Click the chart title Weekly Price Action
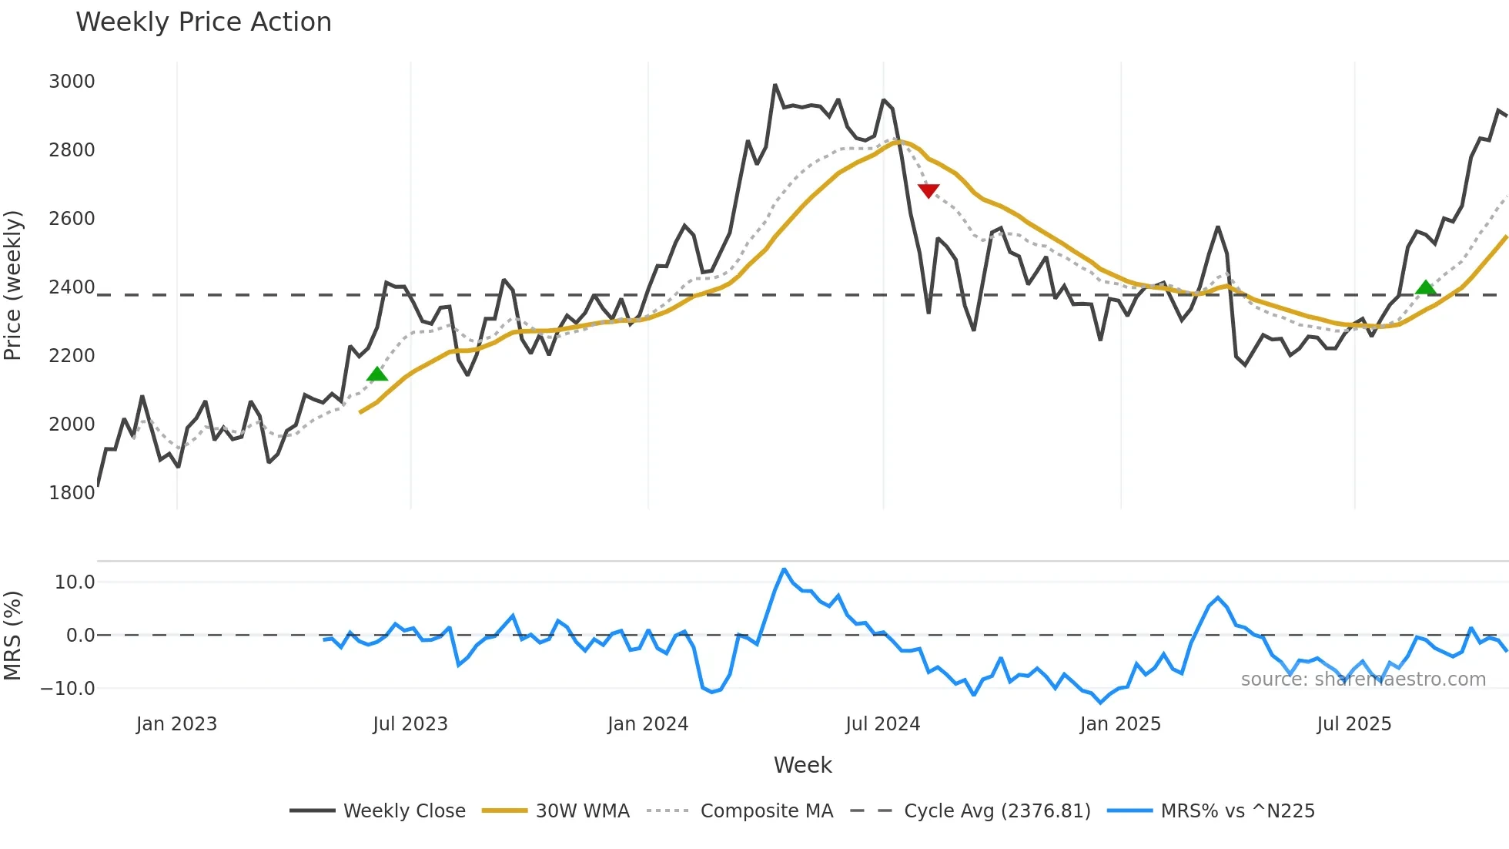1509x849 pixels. pos(203,22)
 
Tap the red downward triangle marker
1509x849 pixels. pos(928,190)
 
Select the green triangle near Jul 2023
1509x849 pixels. pos(377,374)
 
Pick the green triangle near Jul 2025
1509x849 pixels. pos(1426,288)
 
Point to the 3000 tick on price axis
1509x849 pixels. pos(72,82)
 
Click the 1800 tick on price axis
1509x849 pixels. pos(72,493)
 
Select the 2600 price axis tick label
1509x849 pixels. pos(72,219)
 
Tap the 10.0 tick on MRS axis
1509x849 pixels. pos(75,582)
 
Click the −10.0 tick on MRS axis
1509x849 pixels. pos(68,689)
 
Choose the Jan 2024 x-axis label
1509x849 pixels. pos(647,724)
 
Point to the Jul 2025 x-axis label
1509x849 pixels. pos(1353,724)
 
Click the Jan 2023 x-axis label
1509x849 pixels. pos(176,724)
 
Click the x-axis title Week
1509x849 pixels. pos(802,765)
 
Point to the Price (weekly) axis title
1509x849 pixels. pos(13,285)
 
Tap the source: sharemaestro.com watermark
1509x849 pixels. pos(1363,680)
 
